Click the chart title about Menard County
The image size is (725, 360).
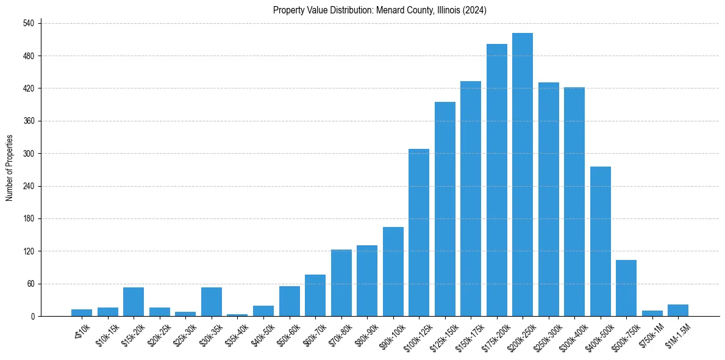[x=379, y=10]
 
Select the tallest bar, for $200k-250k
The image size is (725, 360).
[x=523, y=175]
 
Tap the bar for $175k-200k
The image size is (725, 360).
[x=496, y=180]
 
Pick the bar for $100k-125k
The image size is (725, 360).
[x=419, y=232]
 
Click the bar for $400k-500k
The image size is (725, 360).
[x=600, y=241]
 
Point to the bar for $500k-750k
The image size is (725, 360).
[x=626, y=288]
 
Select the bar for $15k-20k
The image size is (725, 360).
[x=134, y=301]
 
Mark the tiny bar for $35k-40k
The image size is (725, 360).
[x=237, y=315]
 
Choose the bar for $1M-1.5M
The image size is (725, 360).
[x=678, y=310]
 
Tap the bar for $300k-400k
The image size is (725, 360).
[x=574, y=201]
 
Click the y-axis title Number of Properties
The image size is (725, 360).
[x=10, y=168]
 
